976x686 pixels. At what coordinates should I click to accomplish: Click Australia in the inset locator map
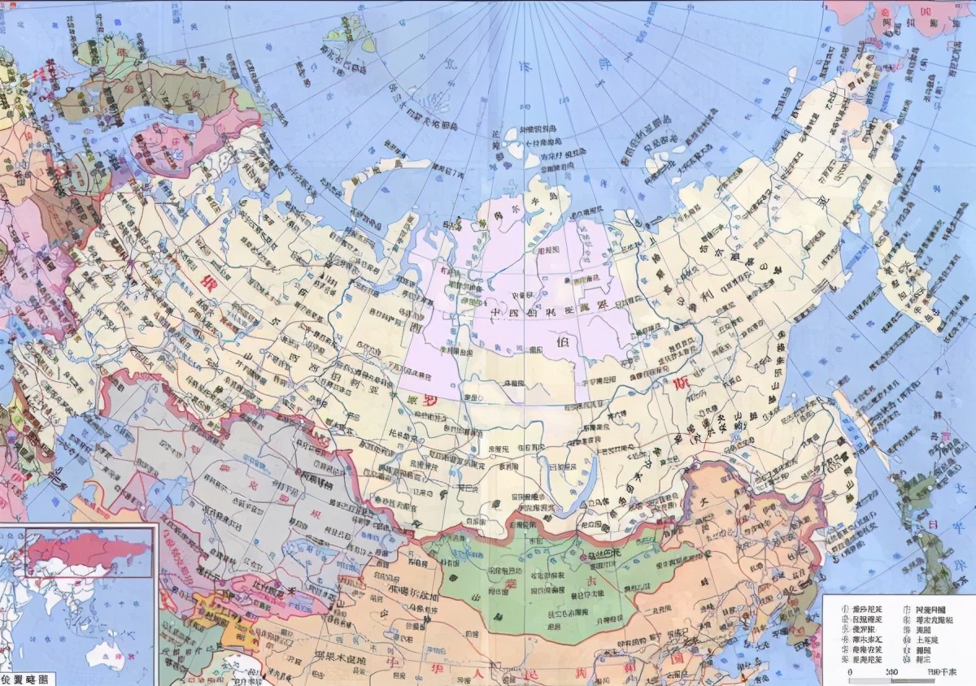(x=107, y=650)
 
